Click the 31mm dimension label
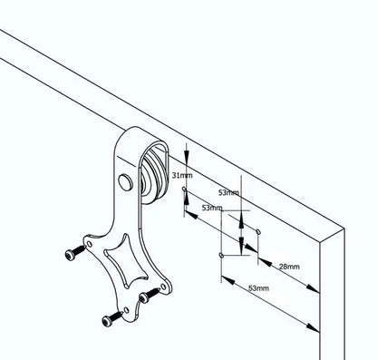point(182,174)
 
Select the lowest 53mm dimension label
point(257,287)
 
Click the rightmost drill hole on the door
point(259,232)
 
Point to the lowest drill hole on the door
point(221,257)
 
